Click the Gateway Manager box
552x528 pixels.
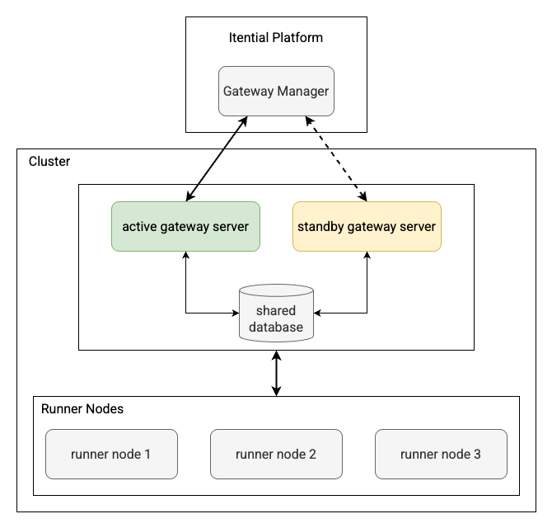[x=276, y=91]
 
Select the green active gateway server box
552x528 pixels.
[x=185, y=226]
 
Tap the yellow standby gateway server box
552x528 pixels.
[x=367, y=226]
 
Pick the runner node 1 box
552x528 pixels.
[x=111, y=454]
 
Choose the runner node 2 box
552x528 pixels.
[x=276, y=454]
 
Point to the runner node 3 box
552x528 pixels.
[x=441, y=454]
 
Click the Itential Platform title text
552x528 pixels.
[x=276, y=37]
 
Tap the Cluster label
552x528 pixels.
[x=49, y=162]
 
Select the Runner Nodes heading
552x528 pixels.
[x=82, y=408]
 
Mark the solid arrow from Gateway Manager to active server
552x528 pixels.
[x=216, y=158]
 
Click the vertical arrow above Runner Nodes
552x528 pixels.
[x=276, y=373]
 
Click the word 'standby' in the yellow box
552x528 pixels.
[x=324, y=226]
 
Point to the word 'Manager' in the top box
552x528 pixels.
[x=302, y=91]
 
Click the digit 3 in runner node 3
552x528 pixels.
[x=477, y=454]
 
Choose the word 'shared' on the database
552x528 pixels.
[x=276, y=311]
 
